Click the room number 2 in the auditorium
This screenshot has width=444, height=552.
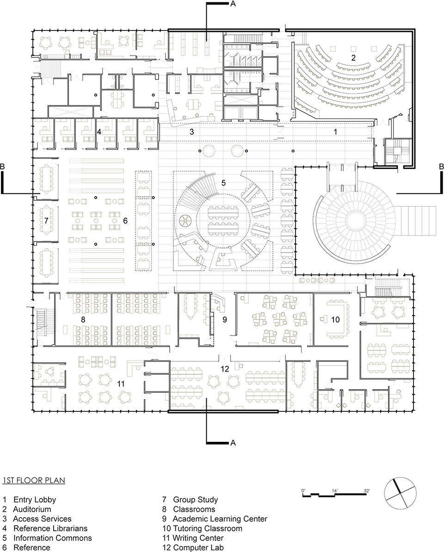click(x=353, y=58)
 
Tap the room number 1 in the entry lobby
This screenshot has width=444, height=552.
click(x=336, y=132)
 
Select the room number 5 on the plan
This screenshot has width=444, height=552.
click(x=223, y=183)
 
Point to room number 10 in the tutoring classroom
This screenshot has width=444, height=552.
click(x=335, y=319)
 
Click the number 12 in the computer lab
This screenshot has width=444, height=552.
click(x=225, y=369)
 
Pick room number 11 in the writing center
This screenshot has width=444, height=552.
click(x=121, y=383)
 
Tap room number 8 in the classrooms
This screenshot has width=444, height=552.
click(x=83, y=319)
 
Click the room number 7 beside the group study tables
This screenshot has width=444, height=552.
click(x=46, y=221)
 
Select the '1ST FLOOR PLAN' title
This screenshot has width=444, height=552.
click(x=33, y=481)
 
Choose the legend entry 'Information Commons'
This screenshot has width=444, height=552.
click(x=52, y=538)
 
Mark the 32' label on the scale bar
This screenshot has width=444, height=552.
click(x=366, y=490)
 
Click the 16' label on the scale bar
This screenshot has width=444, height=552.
click(x=334, y=490)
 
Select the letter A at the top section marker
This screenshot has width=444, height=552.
click(x=233, y=4)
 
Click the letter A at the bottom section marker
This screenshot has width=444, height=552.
click(x=233, y=443)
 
